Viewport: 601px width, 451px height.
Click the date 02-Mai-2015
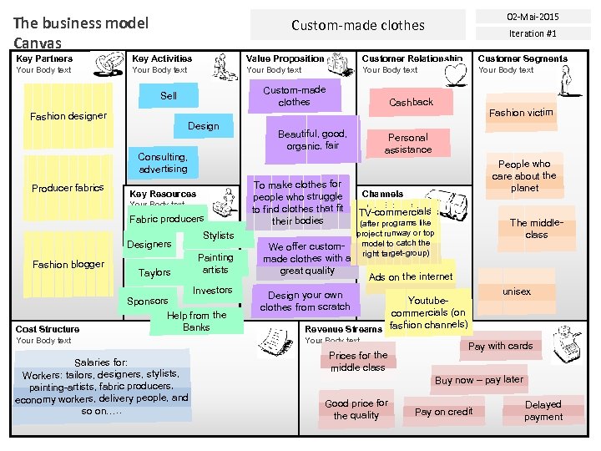pyautogui.click(x=533, y=16)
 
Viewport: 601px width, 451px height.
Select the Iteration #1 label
pyautogui.click(x=533, y=34)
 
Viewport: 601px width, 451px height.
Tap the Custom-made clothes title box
pyautogui.click(x=357, y=25)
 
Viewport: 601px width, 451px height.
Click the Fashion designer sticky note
pyautogui.click(x=68, y=116)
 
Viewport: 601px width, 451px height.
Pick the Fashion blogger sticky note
pyautogui.click(x=68, y=264)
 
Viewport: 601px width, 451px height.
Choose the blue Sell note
pyautogui.click(x=169, y=96)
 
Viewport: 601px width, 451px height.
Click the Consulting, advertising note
pyautogui.click(x=163, y=163)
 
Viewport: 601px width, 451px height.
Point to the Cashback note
pyautogui.click(x=411, y=102)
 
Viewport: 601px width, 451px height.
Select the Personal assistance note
pyautogui.click(x=408, y=144)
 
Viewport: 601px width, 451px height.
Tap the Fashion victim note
pyautogui.click(x=521, y=113)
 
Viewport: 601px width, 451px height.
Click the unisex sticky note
pyautogui.click(x=517, y=292)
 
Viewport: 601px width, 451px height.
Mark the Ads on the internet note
pyautogui.click(x=411, y=276)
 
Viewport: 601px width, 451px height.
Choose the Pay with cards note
pyautogui.click(x=500, y=346)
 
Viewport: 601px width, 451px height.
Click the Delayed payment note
pyautogui.click(x=543, y=410)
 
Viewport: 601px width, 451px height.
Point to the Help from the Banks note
pyautogui.click(x=196, y=321)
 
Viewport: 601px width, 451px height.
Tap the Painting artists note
pyautogui.click(x=215, y=264)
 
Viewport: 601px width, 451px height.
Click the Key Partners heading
pyautogui.click(x=44, y=58)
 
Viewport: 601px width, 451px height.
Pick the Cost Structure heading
pyautogui.click(x=48, y=329)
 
